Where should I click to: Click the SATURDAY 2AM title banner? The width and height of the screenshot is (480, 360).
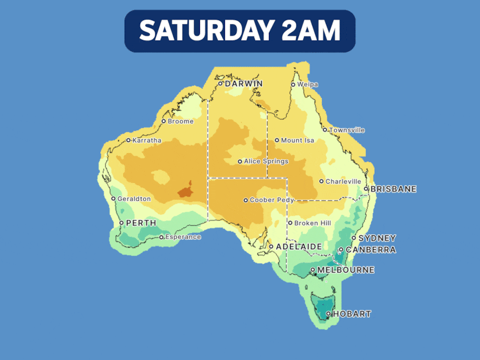[x=239, y=31]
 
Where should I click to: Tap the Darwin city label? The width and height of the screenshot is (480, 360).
[x=243, y=83]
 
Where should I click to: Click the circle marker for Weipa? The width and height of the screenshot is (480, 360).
[x=293, y=85]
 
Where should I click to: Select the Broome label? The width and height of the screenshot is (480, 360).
[x=181, y=121]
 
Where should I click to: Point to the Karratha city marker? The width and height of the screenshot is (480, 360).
[x=128, y=140]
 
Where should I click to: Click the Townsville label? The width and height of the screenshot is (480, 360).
[x=347, y=130]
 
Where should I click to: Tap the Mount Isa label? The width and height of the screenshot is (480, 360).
[x=297, y=140]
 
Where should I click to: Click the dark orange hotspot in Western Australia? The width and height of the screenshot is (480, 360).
[x=185, y=191]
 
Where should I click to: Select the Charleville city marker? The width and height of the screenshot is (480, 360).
[x=321, y=181]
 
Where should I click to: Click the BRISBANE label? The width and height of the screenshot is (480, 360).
[x=394, y=189]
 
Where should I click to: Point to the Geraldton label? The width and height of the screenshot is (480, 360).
[x=134, y=199]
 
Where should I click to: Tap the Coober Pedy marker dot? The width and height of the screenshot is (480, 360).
[x=246, y=200]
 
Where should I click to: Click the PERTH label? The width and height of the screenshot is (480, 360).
[x=141, y=223]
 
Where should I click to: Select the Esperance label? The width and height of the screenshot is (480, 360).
[x=183, y=237]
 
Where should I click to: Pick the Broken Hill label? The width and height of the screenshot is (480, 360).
[x=312, y=223]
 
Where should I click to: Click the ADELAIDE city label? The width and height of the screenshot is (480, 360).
[x=299, y=246]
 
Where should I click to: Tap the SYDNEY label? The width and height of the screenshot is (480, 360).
[x=377, y=238]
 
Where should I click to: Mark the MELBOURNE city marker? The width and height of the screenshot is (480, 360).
[x=312, y=270]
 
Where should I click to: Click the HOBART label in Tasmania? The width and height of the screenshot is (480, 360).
[x=351, y=314]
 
